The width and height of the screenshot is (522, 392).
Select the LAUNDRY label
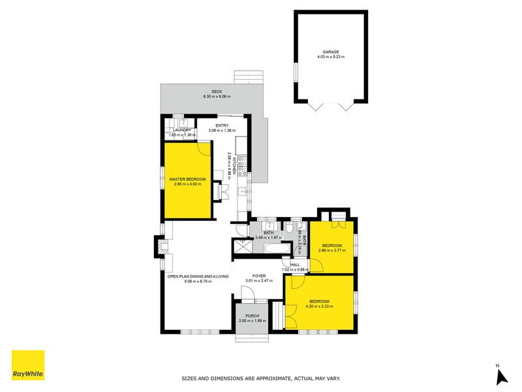182,130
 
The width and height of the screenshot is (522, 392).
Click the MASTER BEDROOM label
188,179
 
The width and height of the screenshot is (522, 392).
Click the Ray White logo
29,365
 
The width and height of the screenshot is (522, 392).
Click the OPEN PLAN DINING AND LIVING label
198,276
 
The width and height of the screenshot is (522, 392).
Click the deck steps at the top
251,77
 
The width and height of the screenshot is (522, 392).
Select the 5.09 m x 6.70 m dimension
198,281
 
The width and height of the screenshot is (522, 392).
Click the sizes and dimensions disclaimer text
260,378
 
